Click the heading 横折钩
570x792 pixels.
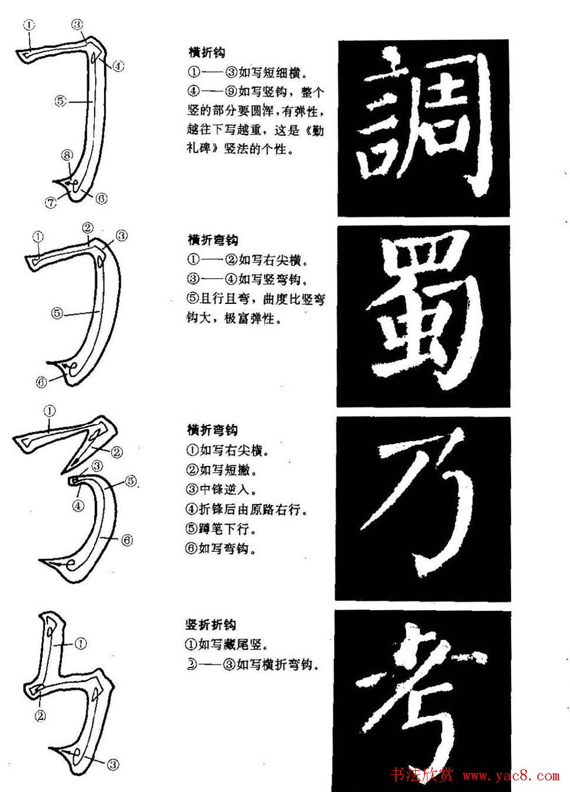click(x=207, y=53)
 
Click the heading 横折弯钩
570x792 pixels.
click(x=213, y=240)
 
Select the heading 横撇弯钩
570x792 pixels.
click(x=213, y=431)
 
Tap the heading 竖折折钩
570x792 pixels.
click(x=211, y=625)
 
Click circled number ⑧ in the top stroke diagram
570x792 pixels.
click(x=67, y=155)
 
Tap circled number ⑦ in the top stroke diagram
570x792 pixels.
click(x=51, y=202)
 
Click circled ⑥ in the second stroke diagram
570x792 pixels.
click(x=41, y=383)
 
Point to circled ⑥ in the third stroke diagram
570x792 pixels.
click(x=127, y=541)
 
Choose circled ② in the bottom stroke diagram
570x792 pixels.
click(x=40, y=715)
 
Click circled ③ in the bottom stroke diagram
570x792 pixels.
click(x=113, y=764)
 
